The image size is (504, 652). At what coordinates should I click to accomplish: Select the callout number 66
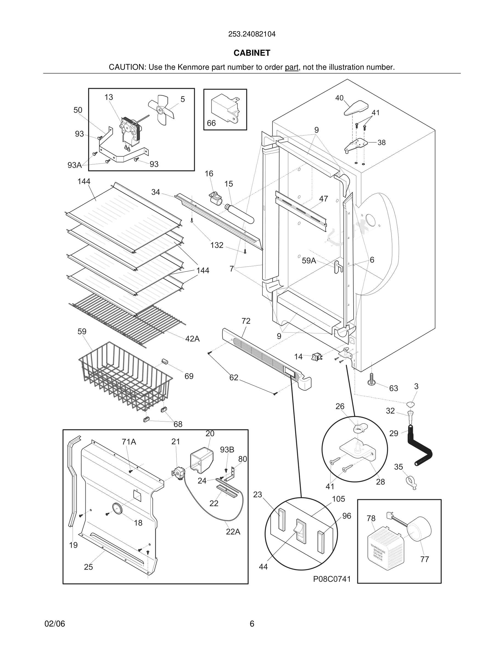pyautogui.click(x=211, y=123)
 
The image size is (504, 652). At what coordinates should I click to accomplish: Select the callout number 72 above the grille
pyautogui.click(x=246, y=321)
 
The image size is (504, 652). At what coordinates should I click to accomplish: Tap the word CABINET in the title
pyautogui.click(x=252, y=53)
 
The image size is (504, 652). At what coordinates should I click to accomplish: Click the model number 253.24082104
pyautogui.click(x=252, y=34)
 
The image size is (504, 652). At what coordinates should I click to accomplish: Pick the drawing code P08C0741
pyautogui.click(x=332, y=579)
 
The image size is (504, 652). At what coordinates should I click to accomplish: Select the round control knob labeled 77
pyautogui.click(x=419, y=529)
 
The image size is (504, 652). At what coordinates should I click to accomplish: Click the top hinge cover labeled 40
pyautogui.click(x=356, y=108)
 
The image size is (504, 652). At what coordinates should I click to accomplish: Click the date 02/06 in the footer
pyautogui.click(x=55, y=624)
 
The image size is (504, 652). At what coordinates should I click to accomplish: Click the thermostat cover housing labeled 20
pyautogui.click(x=201, y=460)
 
